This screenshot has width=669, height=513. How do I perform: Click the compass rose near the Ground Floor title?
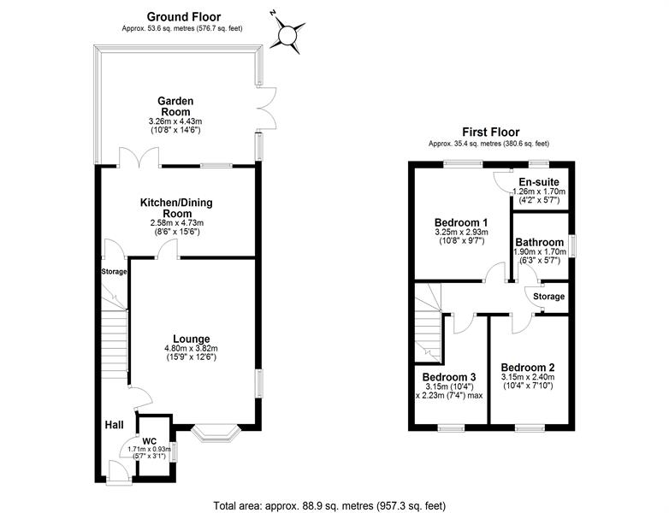[x=287, y=34]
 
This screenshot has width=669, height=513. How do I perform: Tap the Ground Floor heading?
[x=184, y=16]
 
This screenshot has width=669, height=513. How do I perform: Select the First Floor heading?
[x=491, y=132]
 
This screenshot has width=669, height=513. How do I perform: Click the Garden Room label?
[x=175, y=106]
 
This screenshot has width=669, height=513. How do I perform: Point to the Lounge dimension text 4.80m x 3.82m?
[x=191, y=348]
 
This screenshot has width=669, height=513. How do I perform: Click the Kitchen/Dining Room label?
[x=176, y=208]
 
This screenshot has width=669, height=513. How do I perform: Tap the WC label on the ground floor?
[x=149, y=440]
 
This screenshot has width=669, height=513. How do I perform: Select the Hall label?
[x=115, y=425]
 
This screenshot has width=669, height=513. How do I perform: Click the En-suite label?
[x=539, y=182]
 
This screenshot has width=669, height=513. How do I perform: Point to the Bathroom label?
[x=539, y=242]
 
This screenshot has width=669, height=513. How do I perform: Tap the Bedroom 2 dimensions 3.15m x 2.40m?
[x=528, y=377]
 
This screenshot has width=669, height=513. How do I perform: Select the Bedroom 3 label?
[x=449, y=377]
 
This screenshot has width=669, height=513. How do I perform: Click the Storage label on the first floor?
[x=548, y=297]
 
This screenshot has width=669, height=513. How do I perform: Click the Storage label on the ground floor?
[x=114, y=272]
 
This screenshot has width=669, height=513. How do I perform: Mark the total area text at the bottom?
[x=329, y=506]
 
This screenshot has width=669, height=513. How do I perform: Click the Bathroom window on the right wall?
[x=573, y=246]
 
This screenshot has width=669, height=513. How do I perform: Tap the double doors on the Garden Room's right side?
[x=267, y=108]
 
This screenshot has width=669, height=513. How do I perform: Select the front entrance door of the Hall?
[x=118, y=472]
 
